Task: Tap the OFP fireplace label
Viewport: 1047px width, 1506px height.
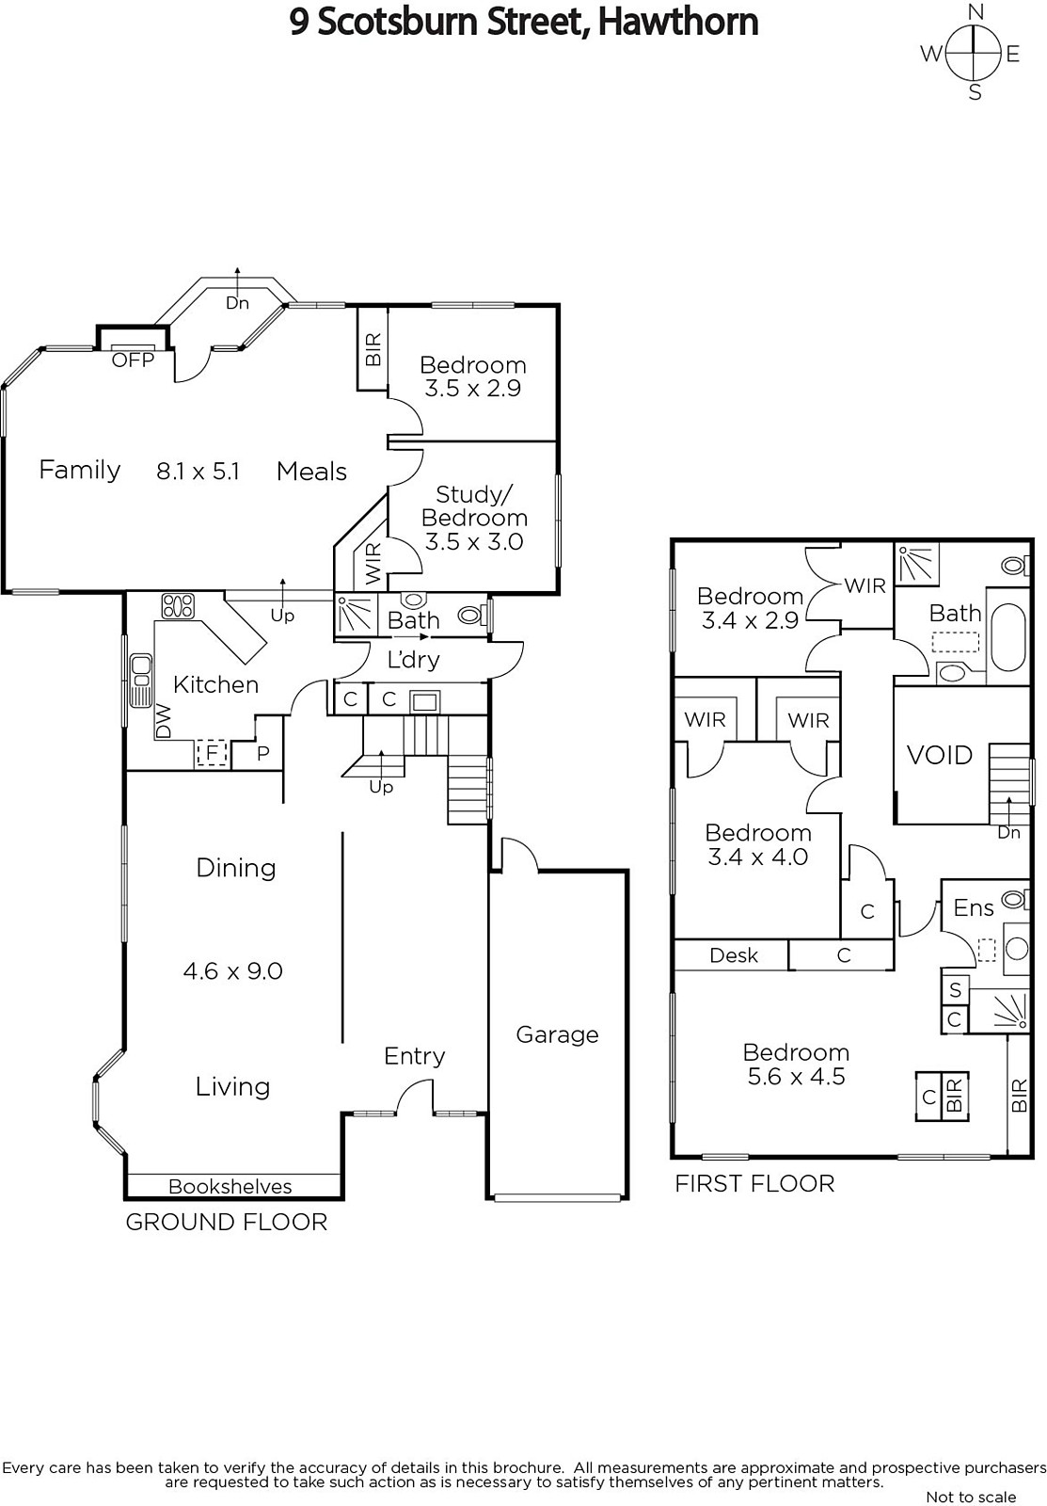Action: pos(133,360)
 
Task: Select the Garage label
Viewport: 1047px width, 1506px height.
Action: pos(557,1034)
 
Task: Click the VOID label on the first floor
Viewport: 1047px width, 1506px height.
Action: pos(940,755)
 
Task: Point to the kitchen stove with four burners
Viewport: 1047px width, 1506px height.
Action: pos(178,606)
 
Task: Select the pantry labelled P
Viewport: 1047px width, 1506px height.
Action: pos(262,753)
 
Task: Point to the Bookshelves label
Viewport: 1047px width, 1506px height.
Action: pos(230,1187)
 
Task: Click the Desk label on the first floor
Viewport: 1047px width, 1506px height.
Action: pos(733,955)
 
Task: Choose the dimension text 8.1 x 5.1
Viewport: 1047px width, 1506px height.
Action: pos(198,472)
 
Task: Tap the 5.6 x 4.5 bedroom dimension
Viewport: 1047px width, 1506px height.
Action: pos(797,1077)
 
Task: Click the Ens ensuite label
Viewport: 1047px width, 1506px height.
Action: pos(973,907)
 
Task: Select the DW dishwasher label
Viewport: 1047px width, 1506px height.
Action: pos(164,721)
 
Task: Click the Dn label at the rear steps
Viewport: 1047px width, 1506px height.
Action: pos(237,303)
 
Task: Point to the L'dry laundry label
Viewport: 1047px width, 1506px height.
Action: pos(413,660)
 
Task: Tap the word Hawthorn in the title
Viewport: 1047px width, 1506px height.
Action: pos(678,23)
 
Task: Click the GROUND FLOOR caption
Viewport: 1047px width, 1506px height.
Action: pos(227,1222)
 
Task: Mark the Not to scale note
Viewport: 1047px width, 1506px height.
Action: pos(971,1497)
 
